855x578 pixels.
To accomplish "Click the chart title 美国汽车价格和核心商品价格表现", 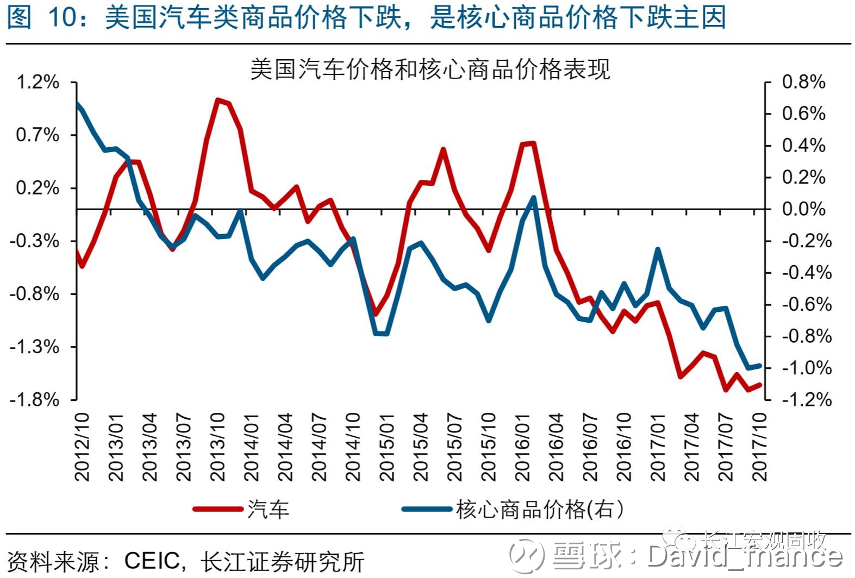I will pyautogui.click(x=430, y=70).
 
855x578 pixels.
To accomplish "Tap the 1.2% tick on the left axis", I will pyautogui.click(x=38, y=83).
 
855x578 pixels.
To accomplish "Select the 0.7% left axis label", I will pyautogui.click(x=38, y=135).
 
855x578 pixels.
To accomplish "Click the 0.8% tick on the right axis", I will pyautogui.click(x=803, y=83).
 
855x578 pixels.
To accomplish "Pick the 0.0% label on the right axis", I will pyautogui.click(x=803, y=209).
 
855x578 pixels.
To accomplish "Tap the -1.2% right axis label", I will pyautogui.click(x=807, y=400).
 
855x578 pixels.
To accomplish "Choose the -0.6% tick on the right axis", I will pyautogui.click(x=807, y=305).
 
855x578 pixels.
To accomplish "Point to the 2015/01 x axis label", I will pyautogui.click(x=387, y=447).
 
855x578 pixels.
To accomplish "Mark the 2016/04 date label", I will pyautogui.click(x=557, y=447).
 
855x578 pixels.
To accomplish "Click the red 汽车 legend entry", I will pyautogui.click(x=242, y=510).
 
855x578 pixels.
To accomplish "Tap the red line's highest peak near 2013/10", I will pyautogui.click(x=217, y=100).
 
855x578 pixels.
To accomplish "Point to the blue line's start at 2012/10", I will pyautogui.click(x=77, y=103).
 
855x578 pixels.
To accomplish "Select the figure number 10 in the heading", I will pyautogui.click(x=63, y=17).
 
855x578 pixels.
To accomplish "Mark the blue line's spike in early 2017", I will pyautogui.click(x=658, y=250).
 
